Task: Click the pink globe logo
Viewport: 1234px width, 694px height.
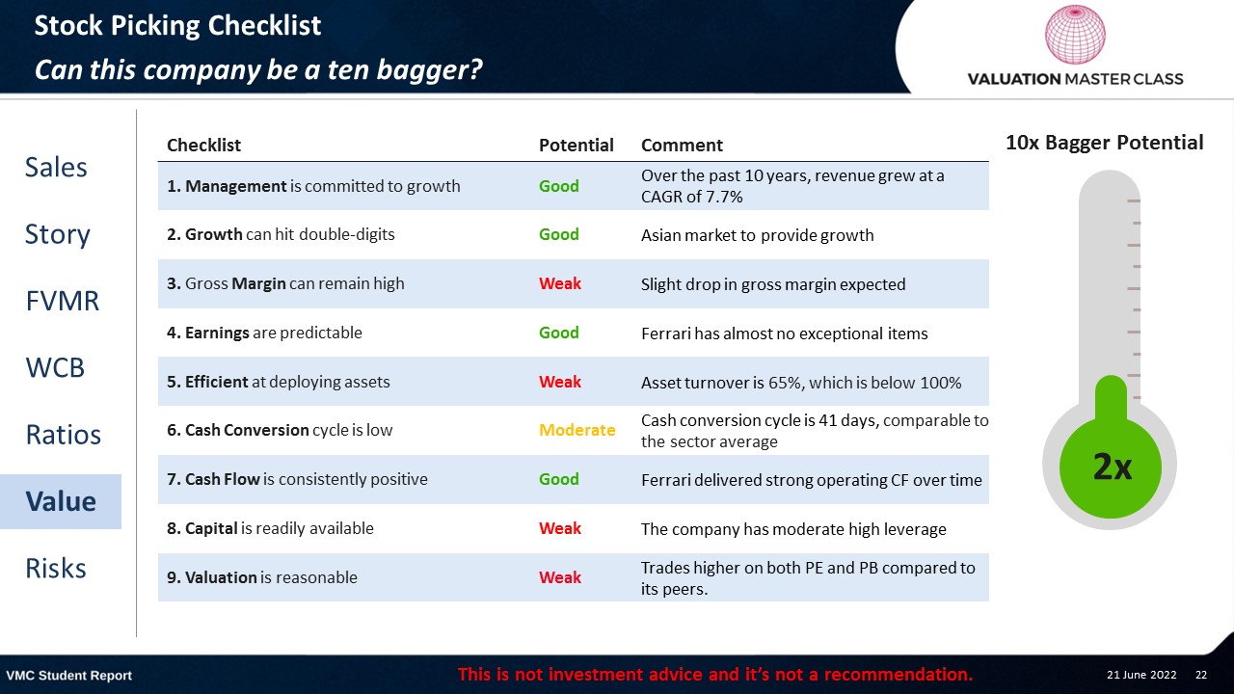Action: click(x=1075, y=34)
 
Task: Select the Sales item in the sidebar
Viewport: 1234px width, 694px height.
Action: click(x=56, y=168)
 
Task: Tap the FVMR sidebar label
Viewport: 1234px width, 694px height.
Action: click(x=63, y=302)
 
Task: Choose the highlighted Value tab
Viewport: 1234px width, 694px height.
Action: click(x=61, y=501)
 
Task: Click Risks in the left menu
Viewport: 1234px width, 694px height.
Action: click(x=56, y=569)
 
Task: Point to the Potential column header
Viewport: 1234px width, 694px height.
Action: click(x=576, y=145)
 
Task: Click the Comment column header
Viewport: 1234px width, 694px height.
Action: click(x=682, y=145)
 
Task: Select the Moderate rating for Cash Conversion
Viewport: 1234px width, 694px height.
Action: click(x=577, y=430)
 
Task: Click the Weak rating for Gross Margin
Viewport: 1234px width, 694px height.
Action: click(x=560, y=283)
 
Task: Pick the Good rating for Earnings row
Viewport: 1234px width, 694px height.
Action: click(x=558, y=333)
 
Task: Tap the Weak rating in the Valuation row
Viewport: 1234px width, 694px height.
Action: click(x=560, y=577)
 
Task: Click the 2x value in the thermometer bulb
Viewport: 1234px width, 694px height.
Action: click(x=1112, y=467)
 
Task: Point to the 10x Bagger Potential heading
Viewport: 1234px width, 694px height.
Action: click(x=1105, y=143)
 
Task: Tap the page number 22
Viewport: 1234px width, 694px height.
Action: click(x=1201, y=675)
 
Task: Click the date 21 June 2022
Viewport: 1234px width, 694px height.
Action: click(x=1141, y=675)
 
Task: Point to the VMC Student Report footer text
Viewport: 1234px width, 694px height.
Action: click(x=68, y=676)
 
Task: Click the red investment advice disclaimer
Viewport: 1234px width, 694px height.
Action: click(x=715, y=674)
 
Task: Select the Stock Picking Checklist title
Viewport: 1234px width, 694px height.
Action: click(x=177, y=25)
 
